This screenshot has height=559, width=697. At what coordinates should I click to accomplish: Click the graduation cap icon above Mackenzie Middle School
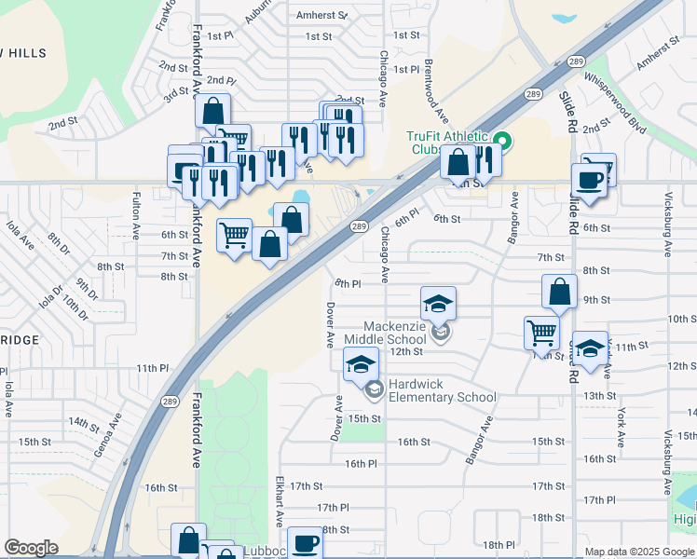tap(438, 304)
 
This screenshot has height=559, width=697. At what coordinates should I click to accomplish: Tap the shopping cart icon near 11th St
tap(541, 331)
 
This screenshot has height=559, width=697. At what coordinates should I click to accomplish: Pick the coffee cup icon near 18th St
tap(304, 542)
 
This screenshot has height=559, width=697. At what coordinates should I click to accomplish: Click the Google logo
tap(32, 548)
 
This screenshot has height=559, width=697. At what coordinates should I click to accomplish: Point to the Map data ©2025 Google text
tap(638, 552)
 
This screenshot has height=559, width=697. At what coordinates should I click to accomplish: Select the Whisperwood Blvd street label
tap(615, 98)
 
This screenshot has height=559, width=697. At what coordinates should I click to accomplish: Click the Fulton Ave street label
tap(137, 213)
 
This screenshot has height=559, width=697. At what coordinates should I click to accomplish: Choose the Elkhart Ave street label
tap(279, 504)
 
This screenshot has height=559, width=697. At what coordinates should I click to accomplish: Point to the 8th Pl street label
tap(347, 283)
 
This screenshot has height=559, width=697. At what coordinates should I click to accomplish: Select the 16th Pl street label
tap(360, 463)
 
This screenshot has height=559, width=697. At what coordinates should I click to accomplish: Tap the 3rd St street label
tap(176, 95)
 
